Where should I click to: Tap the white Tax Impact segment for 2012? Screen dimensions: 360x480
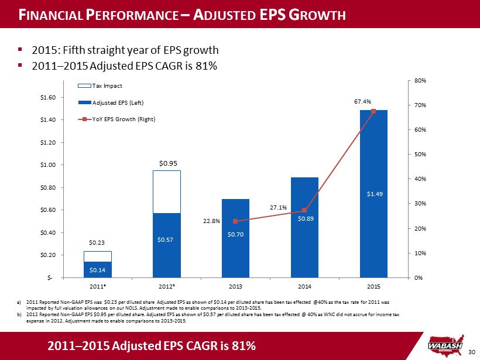click(x=166, y=192)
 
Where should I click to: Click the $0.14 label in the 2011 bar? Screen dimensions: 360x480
click(x=97, y=269)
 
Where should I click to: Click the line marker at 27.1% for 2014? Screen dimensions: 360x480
click(x=304, y=211)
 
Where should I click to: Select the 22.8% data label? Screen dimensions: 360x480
click(x=211, y=221)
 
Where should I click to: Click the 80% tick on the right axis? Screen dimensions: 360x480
click(x=420, y=80)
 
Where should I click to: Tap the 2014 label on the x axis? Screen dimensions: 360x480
click(x=304, y=287)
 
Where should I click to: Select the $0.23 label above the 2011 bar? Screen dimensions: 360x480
click(x=97, y=242)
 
